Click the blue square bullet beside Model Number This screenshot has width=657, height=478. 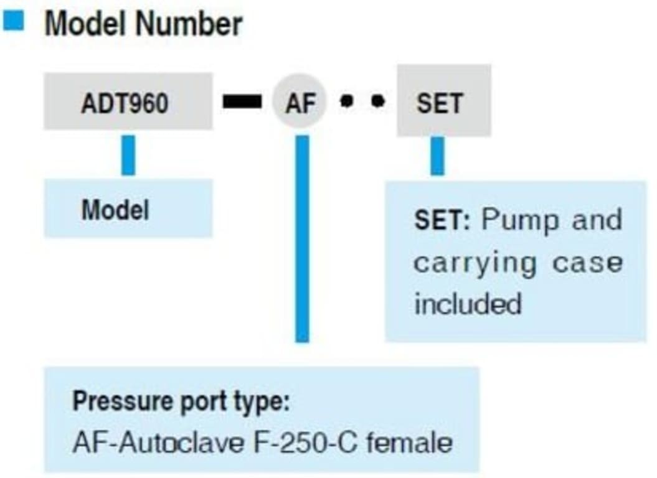point(14,22)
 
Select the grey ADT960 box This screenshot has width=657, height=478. point(128,101)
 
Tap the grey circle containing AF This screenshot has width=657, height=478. point(300,101)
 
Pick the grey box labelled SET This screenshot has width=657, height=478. point(443,101)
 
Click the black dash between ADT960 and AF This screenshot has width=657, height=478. point(242,102)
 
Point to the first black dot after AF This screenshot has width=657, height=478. point(346,101)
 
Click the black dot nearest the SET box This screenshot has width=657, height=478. point(377,101)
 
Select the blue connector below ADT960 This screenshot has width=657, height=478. point(128,154)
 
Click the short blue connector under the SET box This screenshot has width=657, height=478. point(438,156)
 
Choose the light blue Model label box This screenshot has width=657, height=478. point(128,209)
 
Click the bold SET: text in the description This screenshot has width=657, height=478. point(442,221)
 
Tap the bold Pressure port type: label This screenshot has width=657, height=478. point(181,401)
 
